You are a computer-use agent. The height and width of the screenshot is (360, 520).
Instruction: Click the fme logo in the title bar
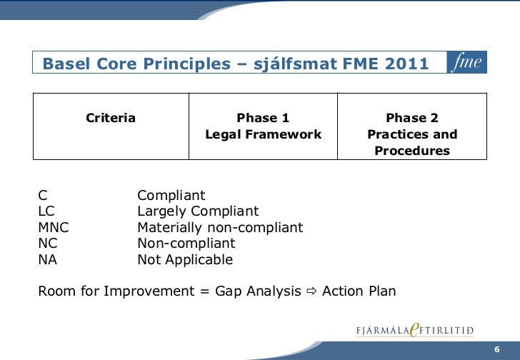(x=467, y=64)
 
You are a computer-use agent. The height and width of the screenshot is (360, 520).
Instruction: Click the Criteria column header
(x=111, y=118)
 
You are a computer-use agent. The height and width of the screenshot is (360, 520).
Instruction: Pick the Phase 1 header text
(x=263, y=118)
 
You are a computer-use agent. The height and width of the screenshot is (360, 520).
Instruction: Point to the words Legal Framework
(x=263, y=134)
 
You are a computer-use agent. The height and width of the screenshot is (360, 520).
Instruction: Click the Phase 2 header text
(x=412, y=118)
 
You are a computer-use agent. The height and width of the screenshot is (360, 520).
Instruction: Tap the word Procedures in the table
(x=412, y=151)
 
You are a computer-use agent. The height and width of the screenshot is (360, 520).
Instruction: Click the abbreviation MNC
(x=54, y=228)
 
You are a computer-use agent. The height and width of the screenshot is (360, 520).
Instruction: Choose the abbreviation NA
(x=47, y=260)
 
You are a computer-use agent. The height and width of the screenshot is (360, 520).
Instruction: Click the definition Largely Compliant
(x=198, y=211)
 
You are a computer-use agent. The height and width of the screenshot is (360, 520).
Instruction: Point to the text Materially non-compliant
(x=220, y=228)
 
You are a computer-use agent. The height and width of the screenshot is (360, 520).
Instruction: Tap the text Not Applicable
(x=185, y=260)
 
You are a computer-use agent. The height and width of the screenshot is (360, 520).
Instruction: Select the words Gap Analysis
(x=257, y=292)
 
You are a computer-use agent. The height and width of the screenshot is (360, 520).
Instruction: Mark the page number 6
(x=496, y=349)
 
